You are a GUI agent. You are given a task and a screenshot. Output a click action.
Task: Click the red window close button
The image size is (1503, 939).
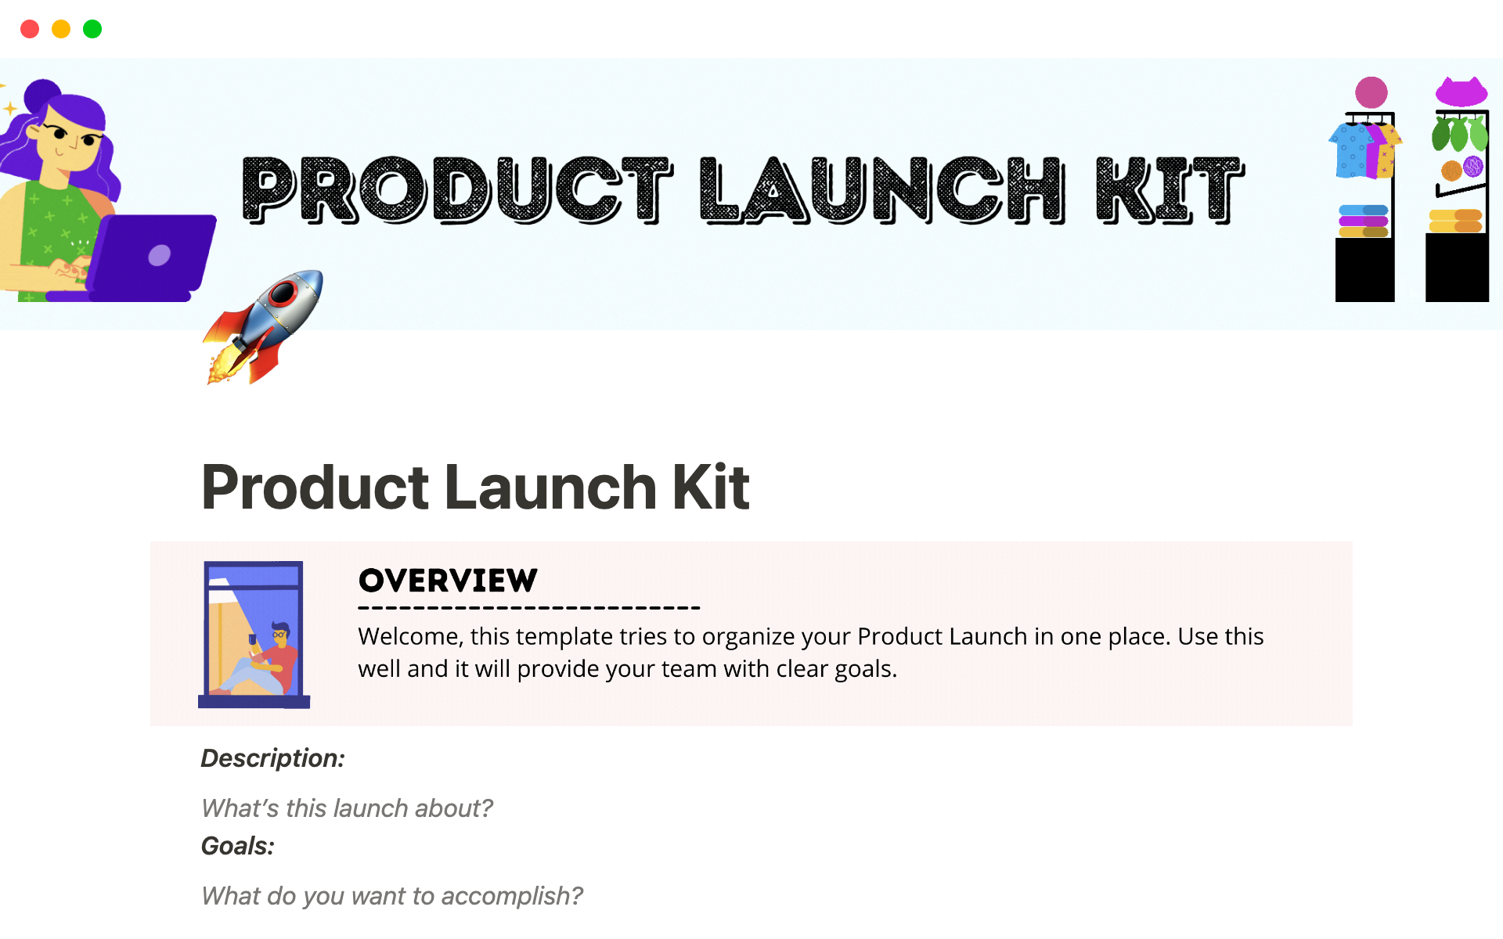click(30, 29)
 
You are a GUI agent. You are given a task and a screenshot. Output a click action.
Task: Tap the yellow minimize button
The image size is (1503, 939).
click(61, 29)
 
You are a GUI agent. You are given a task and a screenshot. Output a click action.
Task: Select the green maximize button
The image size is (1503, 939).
click(92, 29)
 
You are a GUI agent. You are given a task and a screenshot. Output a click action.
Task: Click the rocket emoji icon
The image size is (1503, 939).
click(263, 327)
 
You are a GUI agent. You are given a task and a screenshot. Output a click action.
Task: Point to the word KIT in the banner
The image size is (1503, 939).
click(1170, 189)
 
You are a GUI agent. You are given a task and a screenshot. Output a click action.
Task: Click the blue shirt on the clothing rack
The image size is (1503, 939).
click(1353, 149)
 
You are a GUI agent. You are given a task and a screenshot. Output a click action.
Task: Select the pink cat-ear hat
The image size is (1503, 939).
click(1462, 92)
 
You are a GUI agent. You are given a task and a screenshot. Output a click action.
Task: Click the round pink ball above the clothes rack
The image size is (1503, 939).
click(1371, 92)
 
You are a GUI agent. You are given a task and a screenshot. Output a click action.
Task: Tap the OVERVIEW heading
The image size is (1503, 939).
click(448, 581)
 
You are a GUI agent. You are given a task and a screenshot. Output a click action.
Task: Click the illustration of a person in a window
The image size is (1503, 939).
click(254, 635)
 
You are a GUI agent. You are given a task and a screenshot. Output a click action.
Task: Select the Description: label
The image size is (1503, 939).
click(273, 758)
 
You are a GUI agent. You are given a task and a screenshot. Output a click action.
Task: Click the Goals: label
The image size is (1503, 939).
click(238, 846)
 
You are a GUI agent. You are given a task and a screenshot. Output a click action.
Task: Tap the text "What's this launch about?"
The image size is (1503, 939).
click(347, 808)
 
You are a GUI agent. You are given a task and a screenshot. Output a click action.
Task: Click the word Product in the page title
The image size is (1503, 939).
click(315, 487)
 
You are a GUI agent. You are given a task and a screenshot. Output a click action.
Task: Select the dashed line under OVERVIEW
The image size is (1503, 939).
click(529, 608)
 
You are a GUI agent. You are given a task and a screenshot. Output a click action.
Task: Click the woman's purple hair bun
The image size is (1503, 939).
click(42, 95)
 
